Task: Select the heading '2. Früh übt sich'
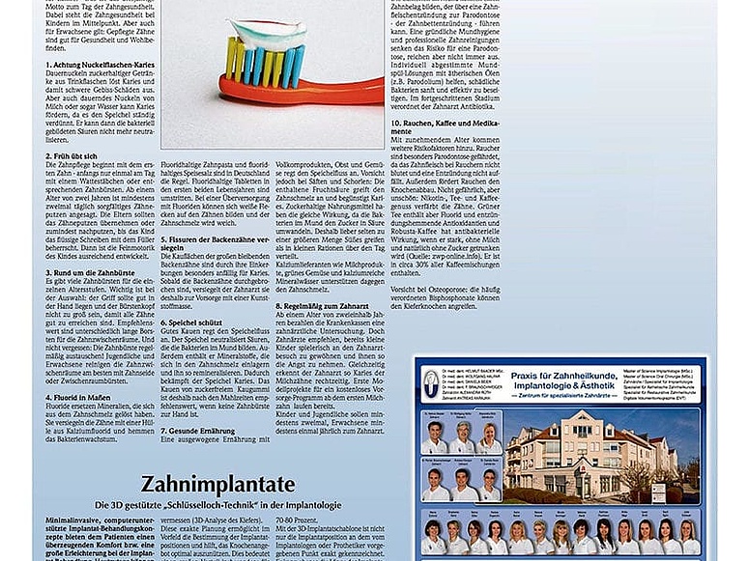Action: click(73, 155)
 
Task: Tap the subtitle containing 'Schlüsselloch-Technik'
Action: click(219, 505)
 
